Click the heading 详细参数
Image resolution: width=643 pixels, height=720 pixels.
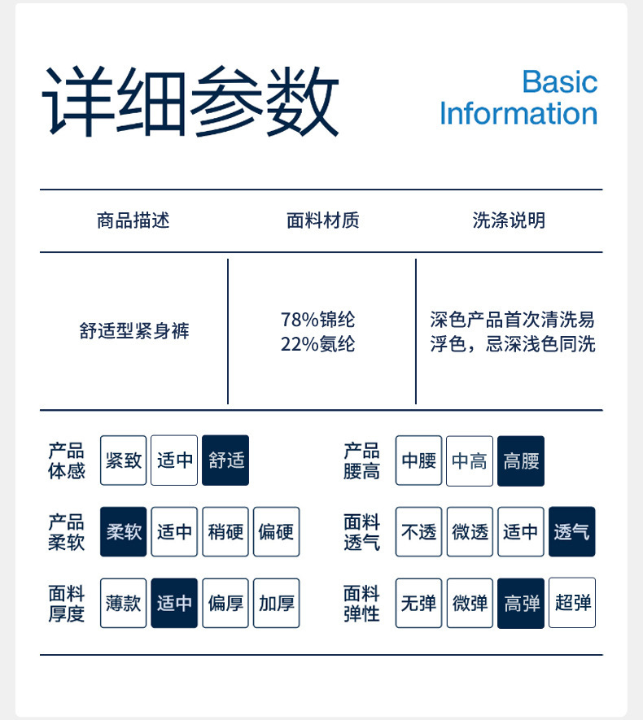190,101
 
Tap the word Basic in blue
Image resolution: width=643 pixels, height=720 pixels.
559,81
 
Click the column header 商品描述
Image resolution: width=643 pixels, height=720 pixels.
133,220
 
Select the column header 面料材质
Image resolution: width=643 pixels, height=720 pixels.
322,220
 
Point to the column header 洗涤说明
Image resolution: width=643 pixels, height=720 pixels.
509,220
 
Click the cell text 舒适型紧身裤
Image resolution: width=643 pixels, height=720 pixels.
134,331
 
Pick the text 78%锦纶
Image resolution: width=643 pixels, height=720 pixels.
317,320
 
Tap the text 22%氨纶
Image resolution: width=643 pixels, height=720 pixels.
317,344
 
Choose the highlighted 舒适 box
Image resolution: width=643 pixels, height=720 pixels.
225,460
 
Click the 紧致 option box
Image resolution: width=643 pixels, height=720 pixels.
124,460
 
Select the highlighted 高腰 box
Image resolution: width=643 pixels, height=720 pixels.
521,461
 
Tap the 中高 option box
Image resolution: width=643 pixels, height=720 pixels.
470,461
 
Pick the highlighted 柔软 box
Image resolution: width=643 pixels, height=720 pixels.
124,532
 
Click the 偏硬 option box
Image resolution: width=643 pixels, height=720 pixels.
277,532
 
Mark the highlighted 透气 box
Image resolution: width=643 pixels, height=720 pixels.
572,532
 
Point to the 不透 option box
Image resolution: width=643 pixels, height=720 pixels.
419,532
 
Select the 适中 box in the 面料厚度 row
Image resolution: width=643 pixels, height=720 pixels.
174,603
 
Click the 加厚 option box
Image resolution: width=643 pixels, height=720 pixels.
277,603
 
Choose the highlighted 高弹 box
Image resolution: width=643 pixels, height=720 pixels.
521,603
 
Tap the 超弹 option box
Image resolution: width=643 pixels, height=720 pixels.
572,603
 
